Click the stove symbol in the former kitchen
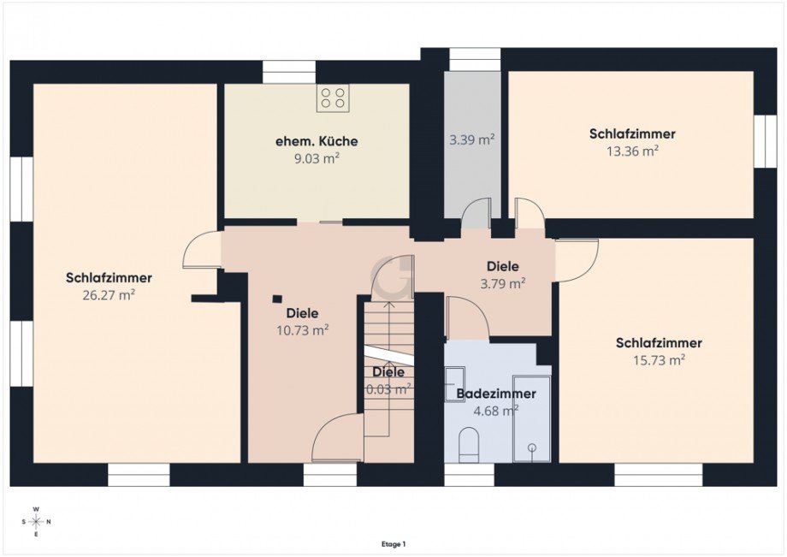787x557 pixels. [333, 98]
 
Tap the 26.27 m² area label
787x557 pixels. [109, 294]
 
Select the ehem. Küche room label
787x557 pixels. [317, 141]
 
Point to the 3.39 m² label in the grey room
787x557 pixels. [472, 139]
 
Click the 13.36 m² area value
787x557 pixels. [632, 151]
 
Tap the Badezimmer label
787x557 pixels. [496, 394]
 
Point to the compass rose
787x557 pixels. [36, 521]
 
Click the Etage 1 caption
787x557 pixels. [393, 543]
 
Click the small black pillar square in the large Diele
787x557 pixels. [276, 299]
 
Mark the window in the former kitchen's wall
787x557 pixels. [288, 71]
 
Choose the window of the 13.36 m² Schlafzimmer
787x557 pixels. [764, 140]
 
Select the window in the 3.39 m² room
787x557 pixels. [474, 58]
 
